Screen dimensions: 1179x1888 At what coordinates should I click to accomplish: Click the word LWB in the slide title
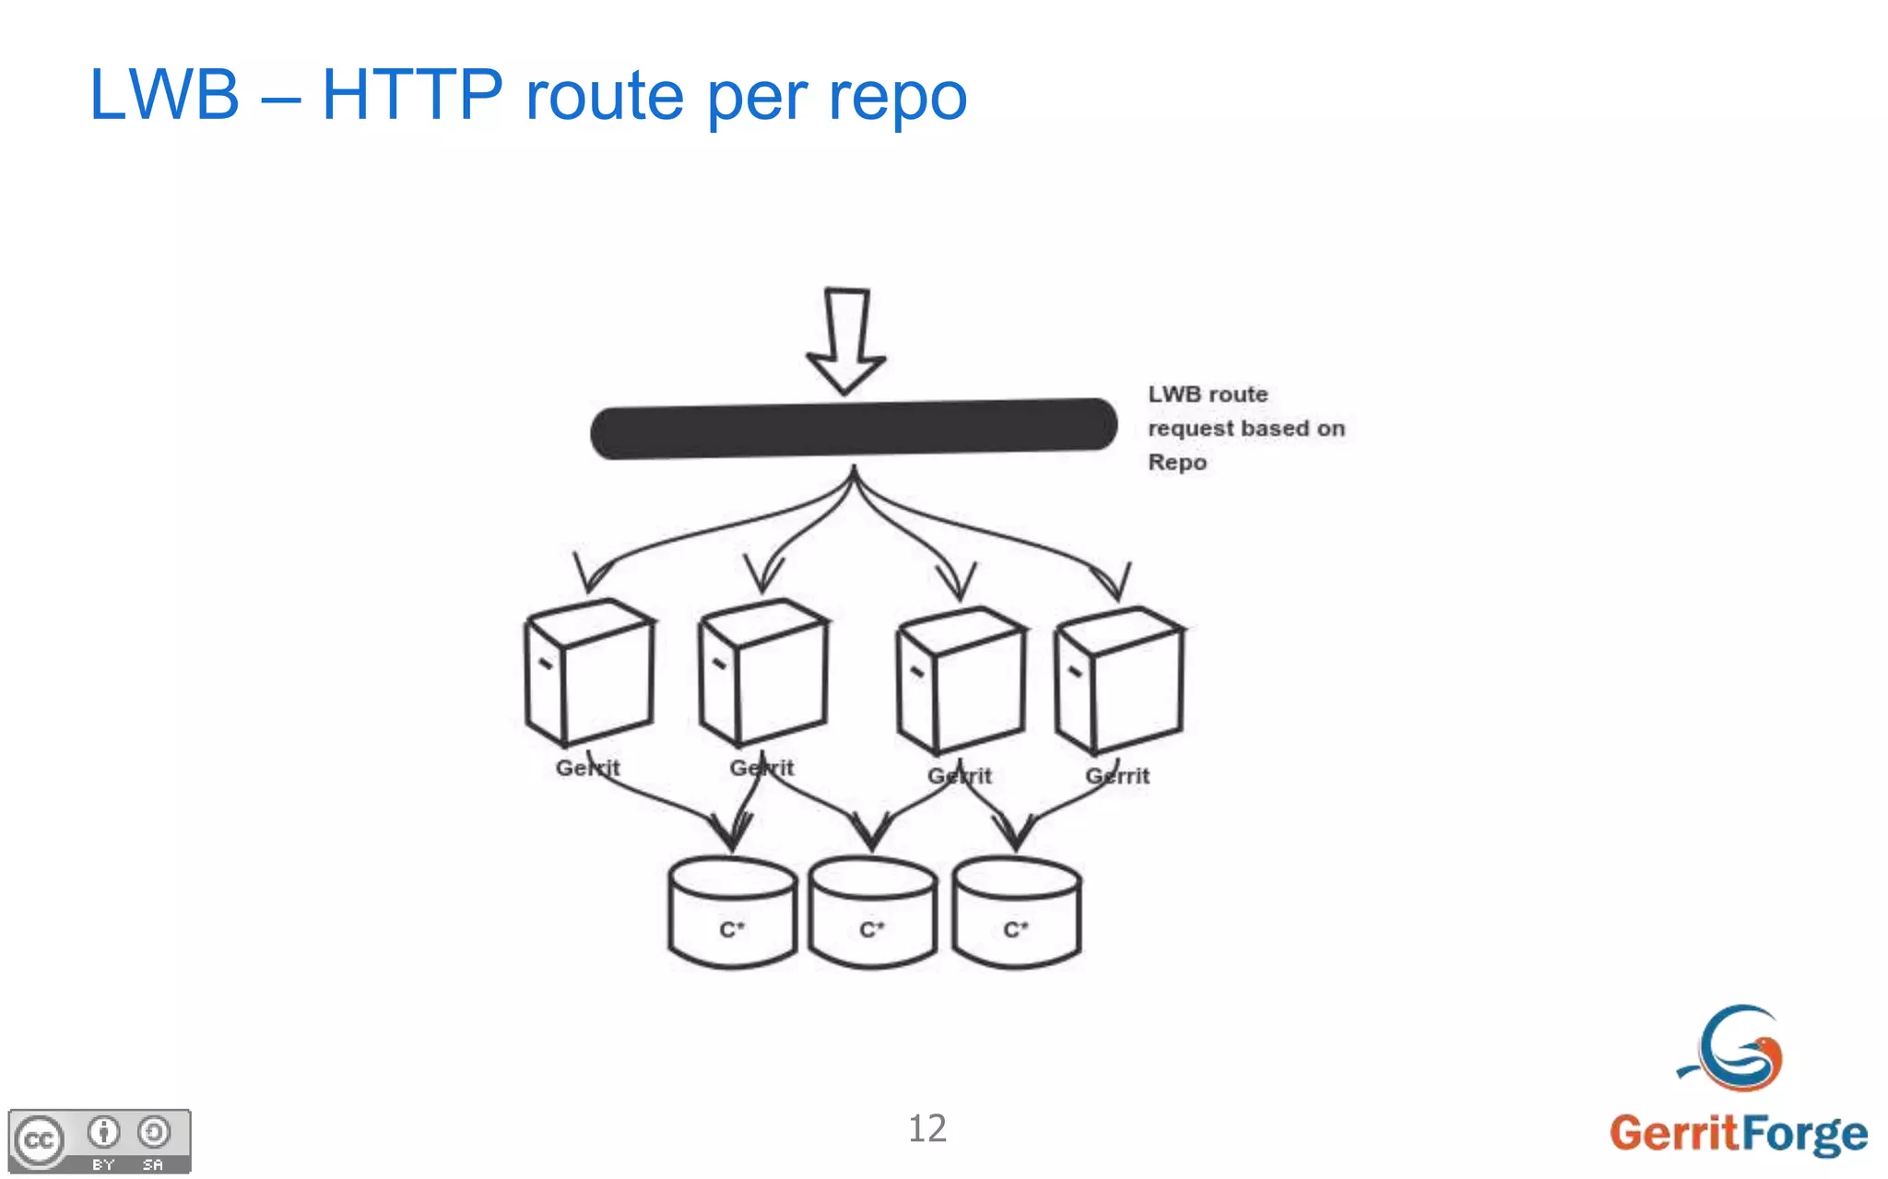(x=164, y=95)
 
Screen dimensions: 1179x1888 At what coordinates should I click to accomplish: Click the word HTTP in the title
(x=412, y=95)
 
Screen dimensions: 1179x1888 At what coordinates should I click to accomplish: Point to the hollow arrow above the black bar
(x=846, y=339)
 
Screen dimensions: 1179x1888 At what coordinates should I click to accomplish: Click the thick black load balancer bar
(x=853, y=428)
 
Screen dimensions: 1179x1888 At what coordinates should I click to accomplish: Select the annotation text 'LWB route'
(x=1208, y=395)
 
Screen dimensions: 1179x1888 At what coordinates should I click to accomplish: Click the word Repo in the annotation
(x=1177, y=462)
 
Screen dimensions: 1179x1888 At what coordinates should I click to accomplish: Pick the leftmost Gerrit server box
(x=590, y=672)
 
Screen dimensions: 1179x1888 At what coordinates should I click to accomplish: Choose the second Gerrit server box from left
(x=763, y=671)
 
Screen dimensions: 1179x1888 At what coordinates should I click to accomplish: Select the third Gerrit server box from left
(x=962, y=679)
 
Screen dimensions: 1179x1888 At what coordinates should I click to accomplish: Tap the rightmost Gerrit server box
(x=1119, y=679)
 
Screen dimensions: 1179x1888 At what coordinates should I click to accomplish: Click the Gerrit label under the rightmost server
(x=1117, y=776)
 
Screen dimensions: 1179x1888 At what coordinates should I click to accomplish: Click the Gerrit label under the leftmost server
(x=588, y=768)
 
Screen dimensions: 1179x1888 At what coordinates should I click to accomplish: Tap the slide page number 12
(x=927, y=1128)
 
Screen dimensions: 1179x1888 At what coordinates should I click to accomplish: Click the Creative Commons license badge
(x=100, y=1141)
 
